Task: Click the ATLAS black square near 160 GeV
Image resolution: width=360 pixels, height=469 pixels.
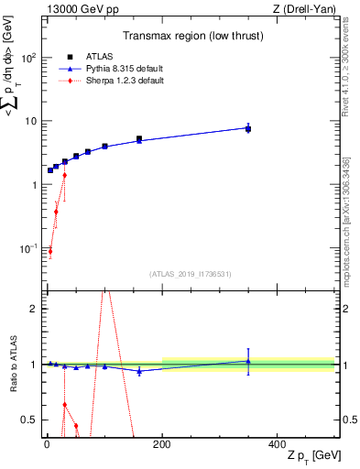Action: tap(139, 139)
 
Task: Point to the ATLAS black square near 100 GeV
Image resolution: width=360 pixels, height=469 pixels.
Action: tap(104, 147)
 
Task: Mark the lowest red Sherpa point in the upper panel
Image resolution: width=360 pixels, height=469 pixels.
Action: tap(50, 251)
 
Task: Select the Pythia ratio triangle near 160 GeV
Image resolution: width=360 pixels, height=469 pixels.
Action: tap(139, 371)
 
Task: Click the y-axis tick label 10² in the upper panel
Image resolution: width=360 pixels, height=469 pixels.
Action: tap(29, 57)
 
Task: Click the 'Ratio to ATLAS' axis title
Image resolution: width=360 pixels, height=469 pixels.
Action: tap(10, 365)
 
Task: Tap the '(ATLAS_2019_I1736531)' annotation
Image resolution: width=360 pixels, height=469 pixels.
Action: tap(190, 274)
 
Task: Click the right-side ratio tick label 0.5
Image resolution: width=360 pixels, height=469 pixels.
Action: tap(349, 420)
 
